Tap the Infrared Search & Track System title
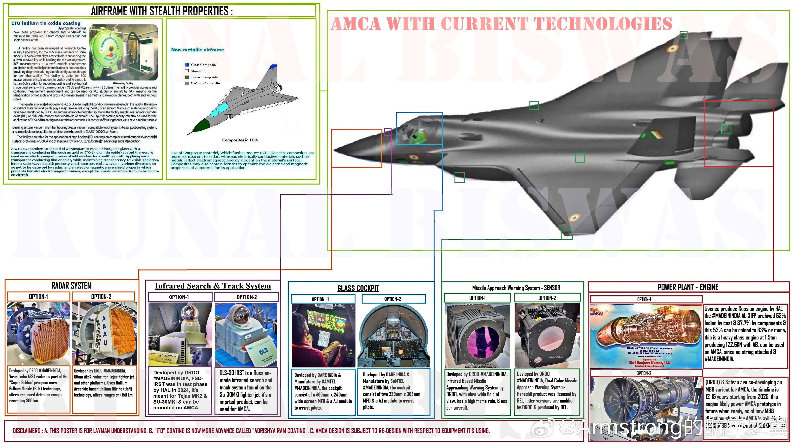[213, 286]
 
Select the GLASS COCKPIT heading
[358, 288]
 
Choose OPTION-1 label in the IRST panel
[179, 297]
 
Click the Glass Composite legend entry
[203, 65]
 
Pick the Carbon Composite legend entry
[205, 83]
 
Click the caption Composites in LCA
[240, 140]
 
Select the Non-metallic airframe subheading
[198, 50]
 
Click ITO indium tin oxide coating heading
[46, 23]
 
